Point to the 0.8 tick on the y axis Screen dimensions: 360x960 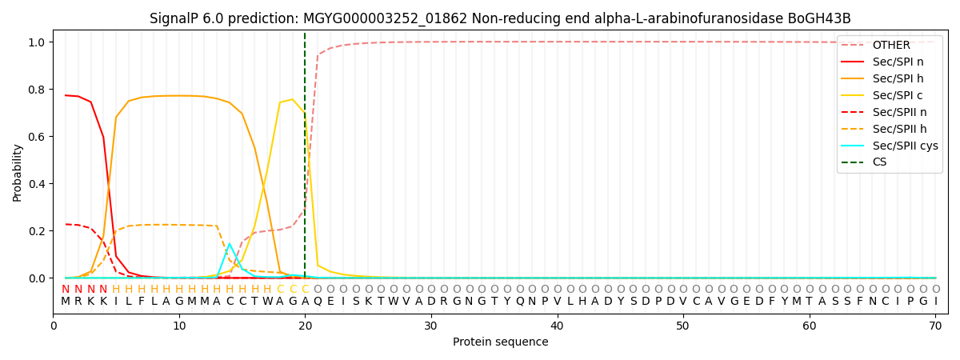(38, 89)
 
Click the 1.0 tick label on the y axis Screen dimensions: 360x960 (38, 42)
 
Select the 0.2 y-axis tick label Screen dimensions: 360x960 (38, 231)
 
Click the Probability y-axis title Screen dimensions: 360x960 (18, 172)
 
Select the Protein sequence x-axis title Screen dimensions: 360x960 (501, 342)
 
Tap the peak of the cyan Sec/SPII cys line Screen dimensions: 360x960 (230, 244)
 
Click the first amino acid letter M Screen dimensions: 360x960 (66, 302)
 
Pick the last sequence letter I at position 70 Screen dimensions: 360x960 (935, 302)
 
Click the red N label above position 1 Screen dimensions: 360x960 (66, 289)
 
